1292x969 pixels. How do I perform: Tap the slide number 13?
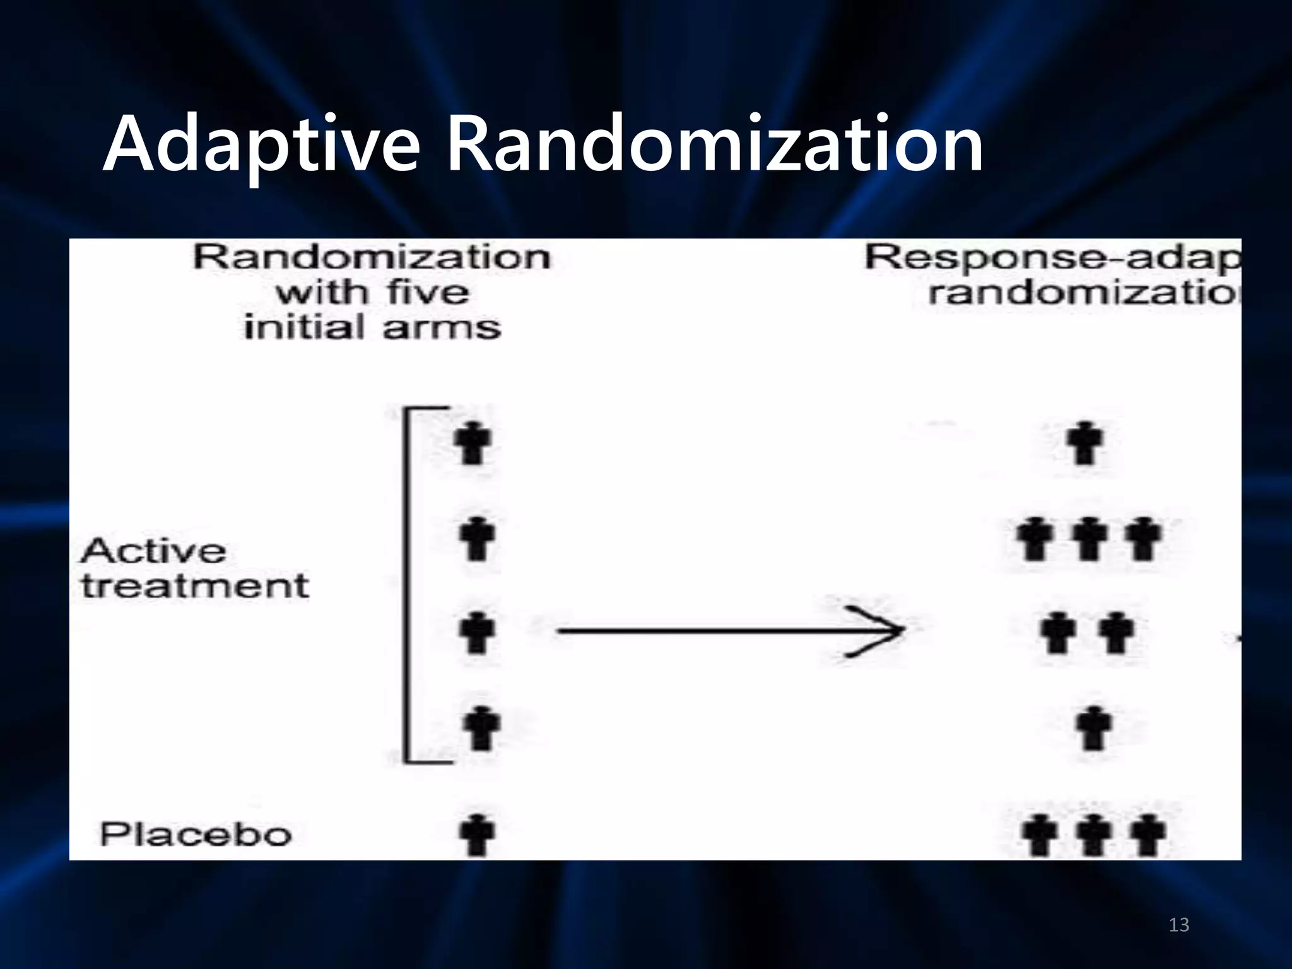(x=1178, y=925)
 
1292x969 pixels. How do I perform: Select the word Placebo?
(x=196, y=835)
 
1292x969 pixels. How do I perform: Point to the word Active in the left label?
(x=153, y=551)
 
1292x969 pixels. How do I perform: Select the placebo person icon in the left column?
(x=478, y=834)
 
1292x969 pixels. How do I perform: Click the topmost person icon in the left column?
(x=473, y=443)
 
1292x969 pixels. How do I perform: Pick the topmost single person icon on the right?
(x=1085, y=442)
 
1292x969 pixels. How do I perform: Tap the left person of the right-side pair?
(x=1059, y=633)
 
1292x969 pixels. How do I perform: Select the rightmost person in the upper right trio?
(x=1144, y=538)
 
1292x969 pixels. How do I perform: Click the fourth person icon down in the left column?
(x=481, y=728)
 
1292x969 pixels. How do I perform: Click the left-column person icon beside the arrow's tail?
(x=478, y=632)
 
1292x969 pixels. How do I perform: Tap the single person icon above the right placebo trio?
(x=1094, y=728)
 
